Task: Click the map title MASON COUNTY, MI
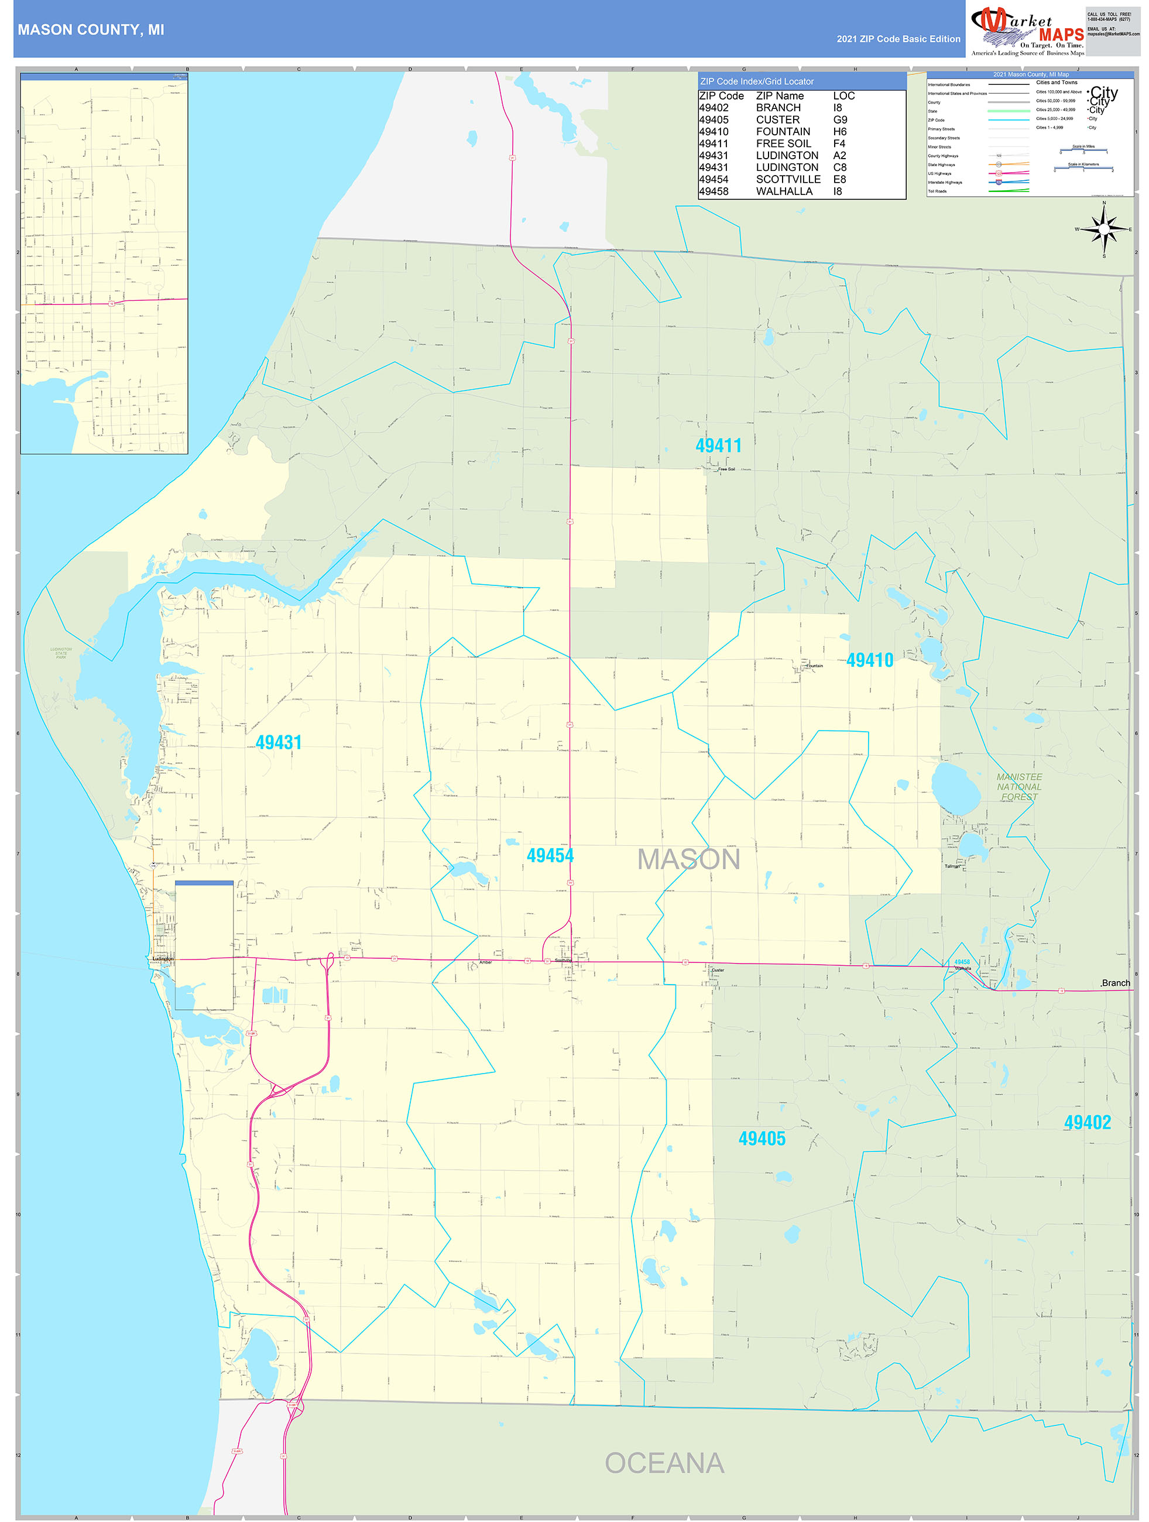click(91, 30)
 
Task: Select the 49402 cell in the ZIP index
click(714, 108)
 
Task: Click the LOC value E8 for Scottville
click(839, 180)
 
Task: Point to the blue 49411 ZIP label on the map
click(718, 446)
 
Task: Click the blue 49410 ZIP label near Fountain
click(870, 660)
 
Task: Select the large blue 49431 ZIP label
click(279, 742)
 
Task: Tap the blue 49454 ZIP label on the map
click(550, 855)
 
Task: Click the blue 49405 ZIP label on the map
click(762, 1139)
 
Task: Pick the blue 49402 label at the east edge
click(1087, 1122)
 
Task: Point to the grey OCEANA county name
click(664, 1463)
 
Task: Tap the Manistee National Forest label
click(1019, 786)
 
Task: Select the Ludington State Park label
click(61, 653)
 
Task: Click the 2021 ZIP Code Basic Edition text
click(898, 39)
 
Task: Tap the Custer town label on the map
click(718, 970)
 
